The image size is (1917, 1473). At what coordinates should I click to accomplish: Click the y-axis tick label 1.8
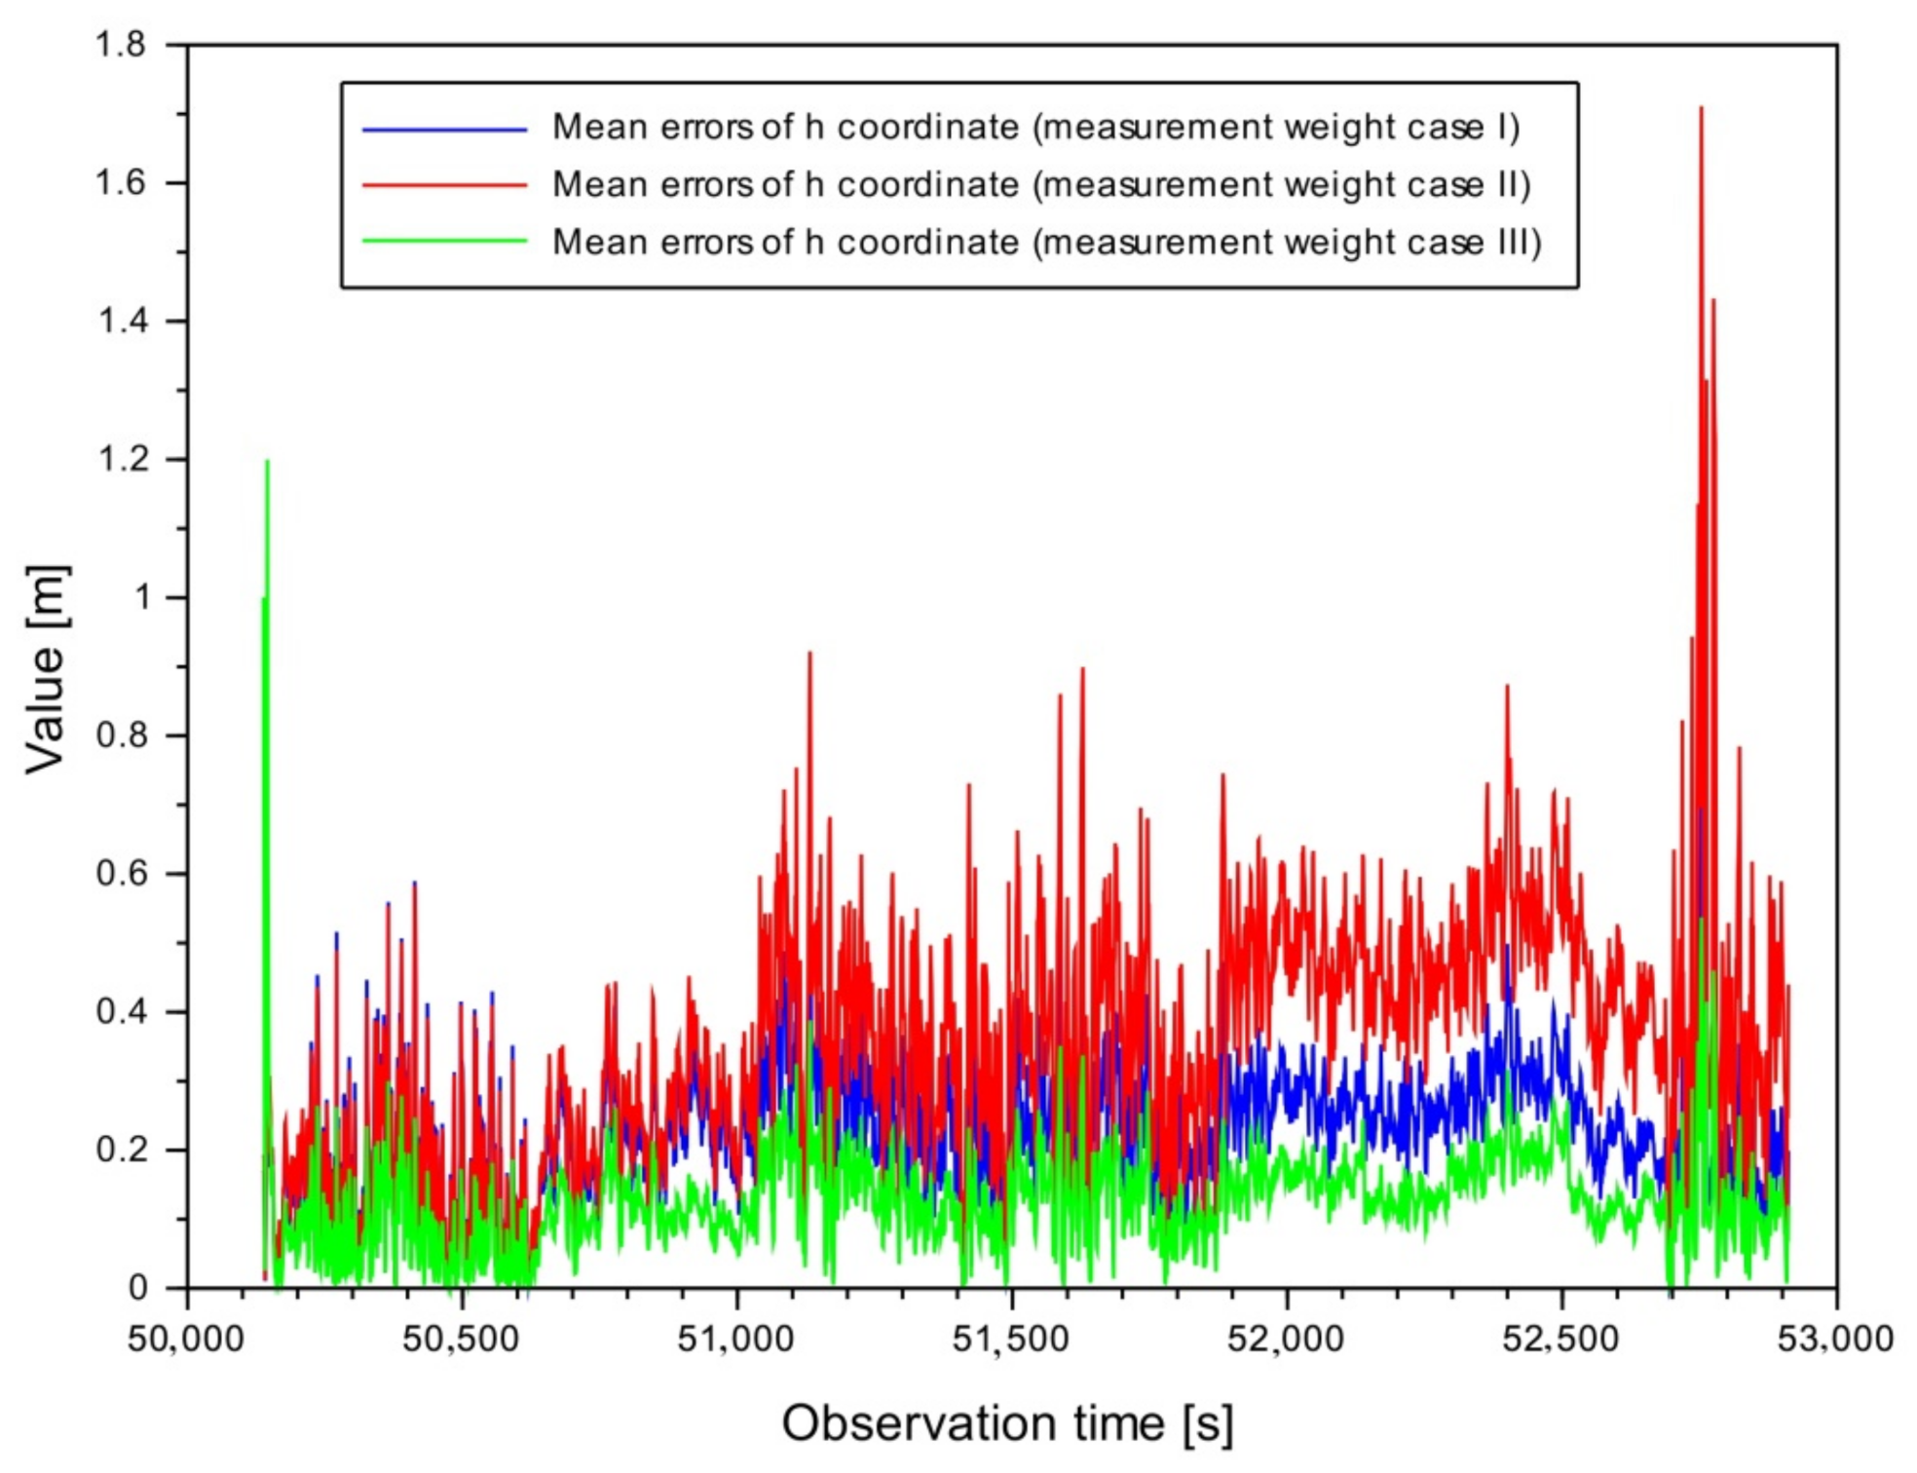(x=120, y=45)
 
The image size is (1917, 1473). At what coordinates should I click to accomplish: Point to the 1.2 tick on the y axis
(x=122, y=459)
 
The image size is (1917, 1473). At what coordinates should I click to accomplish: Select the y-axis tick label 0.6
(x=122, y=873)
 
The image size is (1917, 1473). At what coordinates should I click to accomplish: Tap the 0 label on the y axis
(x=138, y=1287)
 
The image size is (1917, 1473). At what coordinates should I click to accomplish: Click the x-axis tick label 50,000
(x=186, y=1339)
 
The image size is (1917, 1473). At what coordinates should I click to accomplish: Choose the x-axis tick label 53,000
(x=1835, y=1339)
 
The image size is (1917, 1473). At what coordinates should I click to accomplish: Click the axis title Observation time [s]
(x=1007, y=1423)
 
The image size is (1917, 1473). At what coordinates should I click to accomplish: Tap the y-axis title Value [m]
(x=46, y=669)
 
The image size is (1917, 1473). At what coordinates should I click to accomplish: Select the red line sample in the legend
(x=444, y=185)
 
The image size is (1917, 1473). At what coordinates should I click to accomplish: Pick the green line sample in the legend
(x=444, y=242)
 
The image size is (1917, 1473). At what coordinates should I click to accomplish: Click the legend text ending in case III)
(x=1047, y=242)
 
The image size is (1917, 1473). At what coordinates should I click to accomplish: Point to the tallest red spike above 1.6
(x=1701, y=109)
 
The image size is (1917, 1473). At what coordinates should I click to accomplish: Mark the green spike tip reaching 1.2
(x=267, y=462)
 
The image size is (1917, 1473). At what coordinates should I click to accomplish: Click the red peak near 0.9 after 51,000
(x=809, y=654)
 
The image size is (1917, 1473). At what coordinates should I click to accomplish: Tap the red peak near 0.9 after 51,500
(x=1082, y=669)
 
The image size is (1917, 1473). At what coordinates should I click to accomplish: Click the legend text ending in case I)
(x=1035, y=128)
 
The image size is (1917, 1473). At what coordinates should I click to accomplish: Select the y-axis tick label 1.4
(x=122, y=321)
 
